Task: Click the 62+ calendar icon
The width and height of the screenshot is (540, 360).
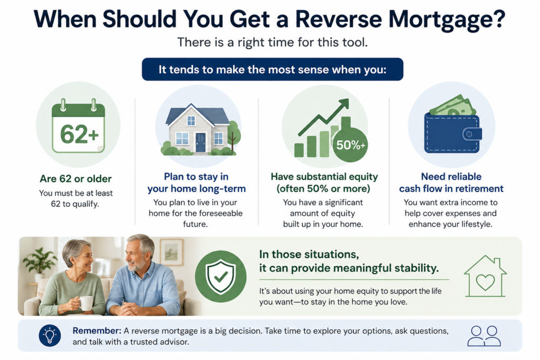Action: [78, 127]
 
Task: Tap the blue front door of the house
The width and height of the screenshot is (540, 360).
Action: [200, 142]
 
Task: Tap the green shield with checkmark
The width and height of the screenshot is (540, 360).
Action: [220, 276]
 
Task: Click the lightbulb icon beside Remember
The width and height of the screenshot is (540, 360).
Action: [50, 335]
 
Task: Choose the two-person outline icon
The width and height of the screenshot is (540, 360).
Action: [484, 336]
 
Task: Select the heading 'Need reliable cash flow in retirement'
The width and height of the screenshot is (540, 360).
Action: [451, 182]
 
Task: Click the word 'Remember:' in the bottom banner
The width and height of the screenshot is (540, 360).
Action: [97, 330]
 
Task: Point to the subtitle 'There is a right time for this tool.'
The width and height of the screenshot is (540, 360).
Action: [272, 42]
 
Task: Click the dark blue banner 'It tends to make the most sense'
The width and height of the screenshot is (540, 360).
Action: [272, 69]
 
